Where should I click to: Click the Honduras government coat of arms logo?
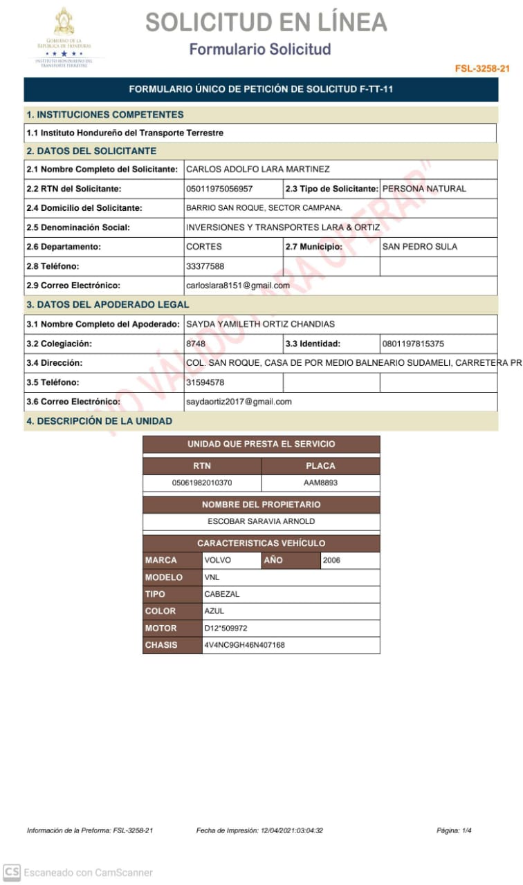64,25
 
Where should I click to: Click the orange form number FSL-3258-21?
482,68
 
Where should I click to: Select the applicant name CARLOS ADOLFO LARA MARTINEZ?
258,169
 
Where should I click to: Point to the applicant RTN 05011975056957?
219,189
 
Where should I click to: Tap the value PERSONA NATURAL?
424,189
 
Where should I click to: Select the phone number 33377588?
205,266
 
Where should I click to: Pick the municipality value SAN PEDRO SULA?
420,247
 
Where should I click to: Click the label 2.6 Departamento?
64,247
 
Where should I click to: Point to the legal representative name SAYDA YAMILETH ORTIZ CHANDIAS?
261,324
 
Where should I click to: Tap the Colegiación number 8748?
196,344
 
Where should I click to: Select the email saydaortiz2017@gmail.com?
239,402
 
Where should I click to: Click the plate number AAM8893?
320,483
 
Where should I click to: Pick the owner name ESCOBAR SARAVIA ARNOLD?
261,521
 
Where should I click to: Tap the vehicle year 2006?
332,561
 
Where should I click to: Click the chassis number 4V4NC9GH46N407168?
244,645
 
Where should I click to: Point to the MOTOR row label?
161,628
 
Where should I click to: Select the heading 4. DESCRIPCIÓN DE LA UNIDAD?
100,421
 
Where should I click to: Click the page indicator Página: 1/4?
454,830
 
